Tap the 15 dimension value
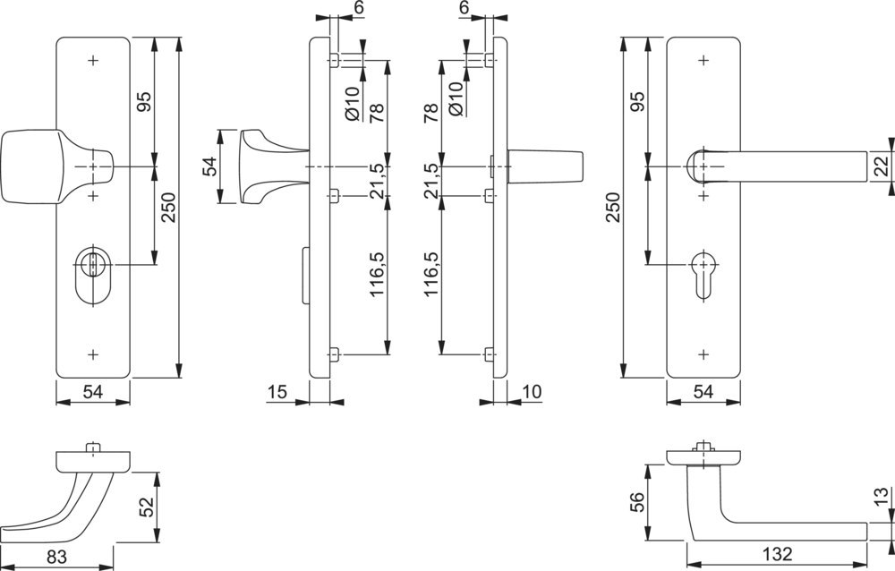(277, 391)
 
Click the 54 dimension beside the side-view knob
(209, 167)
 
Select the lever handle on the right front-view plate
(779, 167)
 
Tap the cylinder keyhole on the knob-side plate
(92, 266)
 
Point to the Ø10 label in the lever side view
(455, 98)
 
